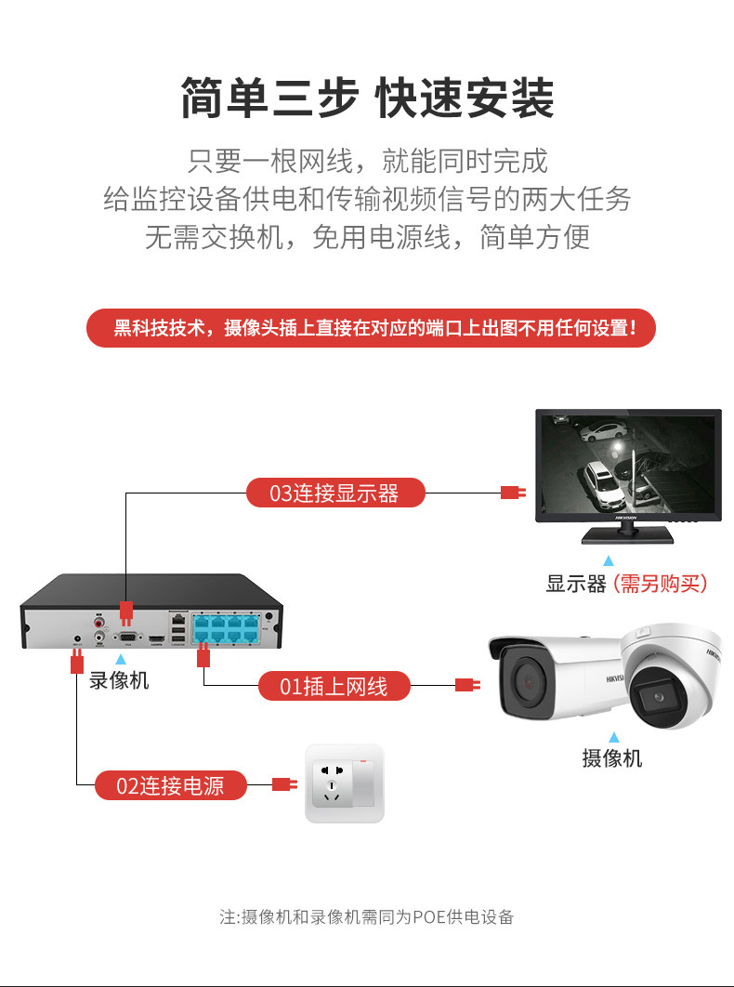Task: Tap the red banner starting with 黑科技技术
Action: point(371,328)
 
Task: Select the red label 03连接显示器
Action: point(334,493)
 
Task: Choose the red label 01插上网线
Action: point(334,687)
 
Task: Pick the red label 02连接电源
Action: point(171,785)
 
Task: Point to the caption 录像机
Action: point(119,680)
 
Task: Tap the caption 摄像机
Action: point(611,758)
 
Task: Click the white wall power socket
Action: point(345,783)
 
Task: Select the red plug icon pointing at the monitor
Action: point(513,493)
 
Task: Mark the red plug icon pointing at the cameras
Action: point(466,687)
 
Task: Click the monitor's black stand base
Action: point(627,536)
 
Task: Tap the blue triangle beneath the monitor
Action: point(609,561)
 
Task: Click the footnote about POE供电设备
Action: point(366,917)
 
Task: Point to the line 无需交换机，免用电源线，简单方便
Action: point(367,237)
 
